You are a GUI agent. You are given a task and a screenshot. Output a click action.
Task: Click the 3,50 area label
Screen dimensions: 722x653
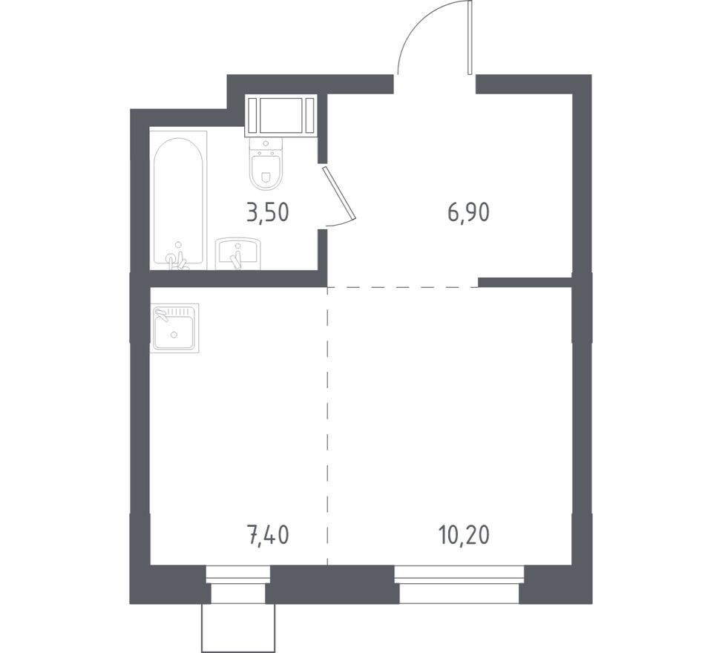[x=268, y=213]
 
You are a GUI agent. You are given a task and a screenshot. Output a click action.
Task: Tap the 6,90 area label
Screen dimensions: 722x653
[x=468, y=213]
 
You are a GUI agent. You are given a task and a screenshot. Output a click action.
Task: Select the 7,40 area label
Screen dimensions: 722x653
[x=268, y=536]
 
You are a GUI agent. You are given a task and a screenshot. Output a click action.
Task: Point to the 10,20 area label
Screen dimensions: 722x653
[x=465, y=536]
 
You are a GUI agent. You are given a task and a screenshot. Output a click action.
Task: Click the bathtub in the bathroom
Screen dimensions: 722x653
[x=178, y=200]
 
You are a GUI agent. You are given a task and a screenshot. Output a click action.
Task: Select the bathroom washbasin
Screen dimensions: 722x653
[x=238, y=253]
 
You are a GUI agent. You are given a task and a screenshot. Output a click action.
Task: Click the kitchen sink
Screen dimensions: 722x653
[x=174, y=328]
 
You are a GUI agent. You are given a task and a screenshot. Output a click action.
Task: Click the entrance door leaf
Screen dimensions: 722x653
[x=469, y=37]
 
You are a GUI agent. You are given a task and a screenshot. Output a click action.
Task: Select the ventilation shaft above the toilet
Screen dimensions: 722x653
[x=280, y=115]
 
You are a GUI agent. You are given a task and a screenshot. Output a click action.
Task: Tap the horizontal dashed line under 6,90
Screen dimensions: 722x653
[x=403, y=287]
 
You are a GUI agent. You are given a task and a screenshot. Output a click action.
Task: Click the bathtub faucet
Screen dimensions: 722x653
[x=177, y=260]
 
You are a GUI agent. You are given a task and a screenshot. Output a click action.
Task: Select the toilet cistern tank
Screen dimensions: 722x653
[x=265, y=145]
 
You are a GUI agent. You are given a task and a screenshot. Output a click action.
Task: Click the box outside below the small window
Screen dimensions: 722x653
[x=238, y=628]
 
